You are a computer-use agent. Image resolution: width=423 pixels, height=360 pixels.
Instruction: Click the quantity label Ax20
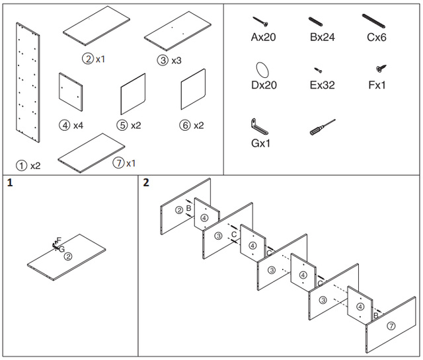point(263,37)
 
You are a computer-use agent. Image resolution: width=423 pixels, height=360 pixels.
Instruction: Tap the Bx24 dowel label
point(323,37)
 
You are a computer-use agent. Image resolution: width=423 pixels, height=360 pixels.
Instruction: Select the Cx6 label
point(377,37)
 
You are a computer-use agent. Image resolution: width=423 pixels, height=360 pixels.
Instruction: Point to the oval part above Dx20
point(262,70)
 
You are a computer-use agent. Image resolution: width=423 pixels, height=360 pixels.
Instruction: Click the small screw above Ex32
point(318,70)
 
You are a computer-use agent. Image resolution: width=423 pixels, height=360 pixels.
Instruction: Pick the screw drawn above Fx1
point(381,68)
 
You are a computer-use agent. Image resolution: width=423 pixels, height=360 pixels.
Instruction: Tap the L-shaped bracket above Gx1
point(259,126)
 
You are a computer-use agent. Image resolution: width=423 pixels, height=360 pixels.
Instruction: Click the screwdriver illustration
point(323,127)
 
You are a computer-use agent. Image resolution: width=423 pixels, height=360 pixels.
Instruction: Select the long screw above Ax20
point(260,22)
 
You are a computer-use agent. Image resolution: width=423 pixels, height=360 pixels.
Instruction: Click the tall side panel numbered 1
point(28,83)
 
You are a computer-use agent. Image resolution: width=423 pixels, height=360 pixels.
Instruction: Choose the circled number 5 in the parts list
point(122,126)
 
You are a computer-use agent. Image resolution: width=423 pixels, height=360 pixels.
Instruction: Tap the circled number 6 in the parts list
point(185,126)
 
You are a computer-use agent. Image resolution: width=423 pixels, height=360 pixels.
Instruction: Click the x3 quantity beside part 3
point(176,60)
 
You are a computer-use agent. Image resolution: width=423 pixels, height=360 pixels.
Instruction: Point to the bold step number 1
point(10,183)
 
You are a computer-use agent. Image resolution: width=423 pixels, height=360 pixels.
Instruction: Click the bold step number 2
point(146,182)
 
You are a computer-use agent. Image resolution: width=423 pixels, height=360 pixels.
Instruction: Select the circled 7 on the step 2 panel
point(391,326)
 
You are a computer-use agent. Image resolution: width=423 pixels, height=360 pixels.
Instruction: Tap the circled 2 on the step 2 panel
point(179,210)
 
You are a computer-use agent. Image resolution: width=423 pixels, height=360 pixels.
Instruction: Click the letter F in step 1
point(59,240)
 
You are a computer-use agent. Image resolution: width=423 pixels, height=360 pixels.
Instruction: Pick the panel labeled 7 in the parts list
point(91,153)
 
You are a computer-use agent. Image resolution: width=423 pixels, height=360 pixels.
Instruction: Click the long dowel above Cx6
point(373,21)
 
